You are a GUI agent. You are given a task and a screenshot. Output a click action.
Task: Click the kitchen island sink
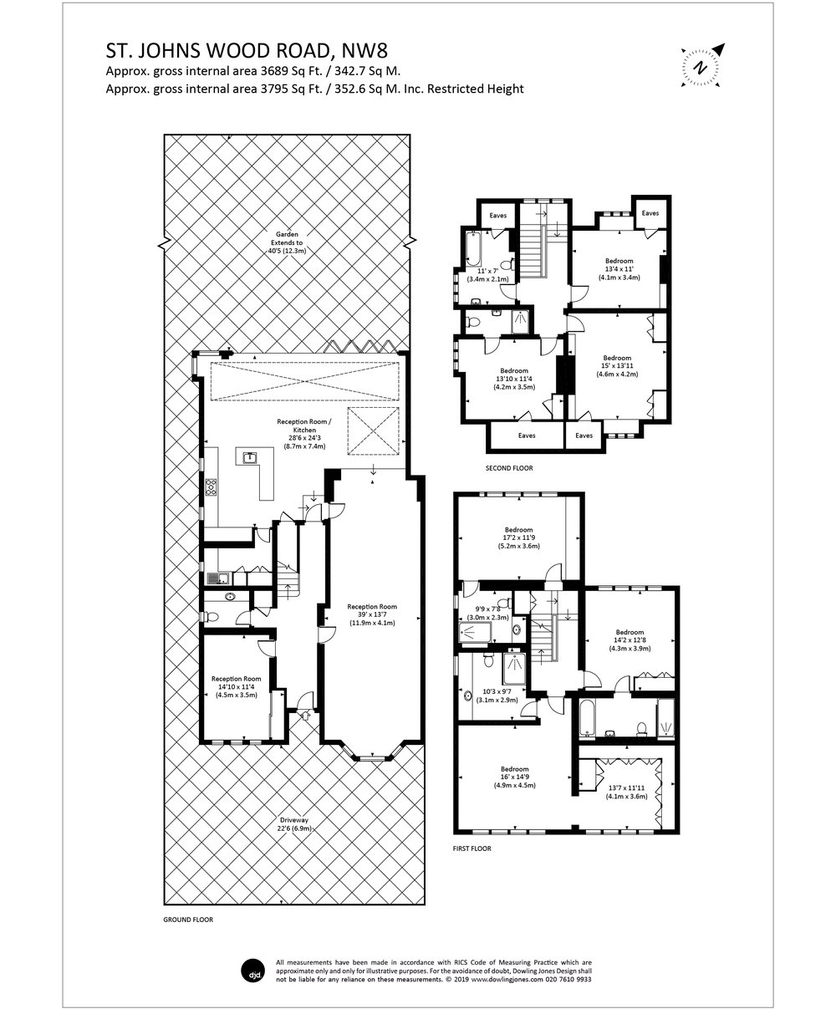click(249, 457)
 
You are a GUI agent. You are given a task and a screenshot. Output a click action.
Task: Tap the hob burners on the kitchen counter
click(211, 486)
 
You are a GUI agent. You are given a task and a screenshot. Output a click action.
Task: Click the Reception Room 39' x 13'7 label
click(372, 614)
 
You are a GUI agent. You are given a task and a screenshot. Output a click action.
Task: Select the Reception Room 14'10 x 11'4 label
click(237, 686)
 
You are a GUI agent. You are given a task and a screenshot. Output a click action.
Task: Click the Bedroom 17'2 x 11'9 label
click(518, 538)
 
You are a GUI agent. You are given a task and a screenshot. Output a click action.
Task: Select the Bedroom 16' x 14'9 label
click(514, 777)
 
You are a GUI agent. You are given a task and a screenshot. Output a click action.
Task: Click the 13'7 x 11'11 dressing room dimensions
click(626, 792)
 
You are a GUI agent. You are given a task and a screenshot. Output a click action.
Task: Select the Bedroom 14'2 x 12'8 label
click(630, 639)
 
